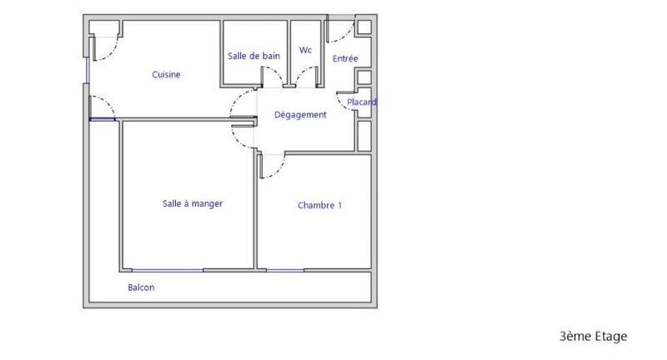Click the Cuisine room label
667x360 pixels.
(166, 75)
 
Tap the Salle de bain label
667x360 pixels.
(253, 57)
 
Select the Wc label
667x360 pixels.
(305, 50)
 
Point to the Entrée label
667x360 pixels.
(345, 58)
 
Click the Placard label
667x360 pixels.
(362, 102)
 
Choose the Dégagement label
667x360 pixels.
(300, 115)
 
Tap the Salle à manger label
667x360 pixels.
(192, 203)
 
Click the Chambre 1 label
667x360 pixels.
(319, 206)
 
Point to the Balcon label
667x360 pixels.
(141, 287)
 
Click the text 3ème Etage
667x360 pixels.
(593, 337)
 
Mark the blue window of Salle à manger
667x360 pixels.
(167, 270)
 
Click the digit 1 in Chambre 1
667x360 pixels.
(339, 206)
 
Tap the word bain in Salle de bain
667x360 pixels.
(270, 57)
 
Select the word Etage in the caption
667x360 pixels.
(609, 337)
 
